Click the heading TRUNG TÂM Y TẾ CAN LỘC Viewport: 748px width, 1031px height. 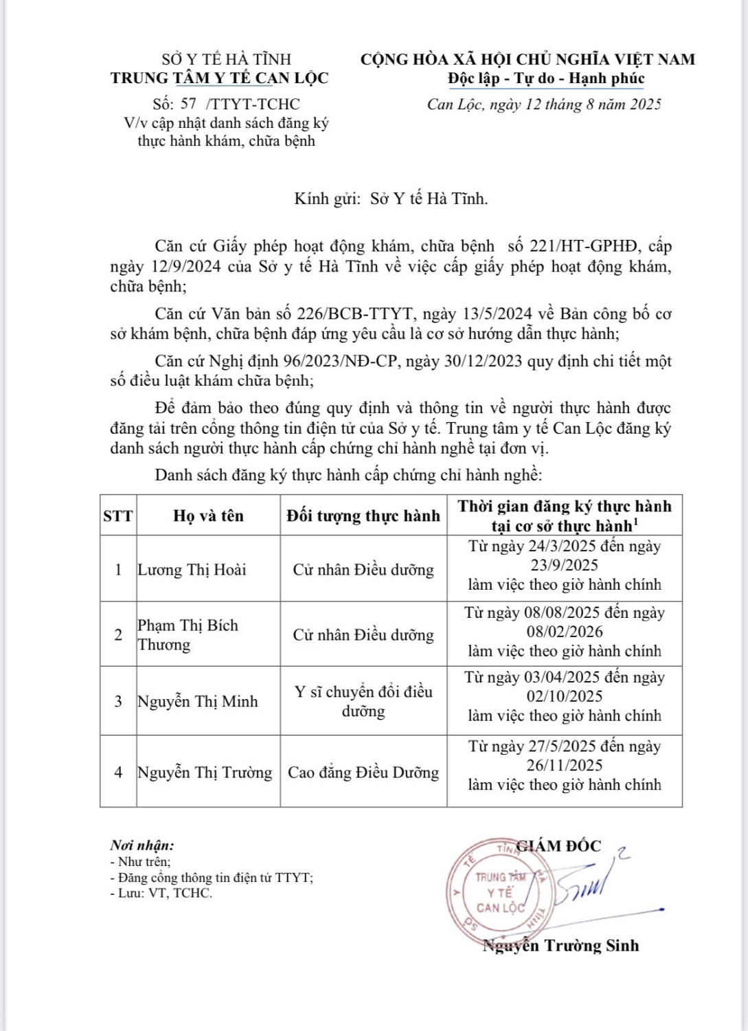220,78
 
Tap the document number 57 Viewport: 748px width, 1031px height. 188,104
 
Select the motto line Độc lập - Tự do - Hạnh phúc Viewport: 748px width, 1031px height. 546,78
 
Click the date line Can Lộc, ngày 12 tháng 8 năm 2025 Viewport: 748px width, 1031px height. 544,104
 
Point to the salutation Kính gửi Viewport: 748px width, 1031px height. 327,199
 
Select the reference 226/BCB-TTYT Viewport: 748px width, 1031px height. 355,314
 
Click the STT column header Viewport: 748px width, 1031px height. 117,516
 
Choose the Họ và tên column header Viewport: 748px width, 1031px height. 208,516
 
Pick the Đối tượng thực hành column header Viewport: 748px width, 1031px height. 363,516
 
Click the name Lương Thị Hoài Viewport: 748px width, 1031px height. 192,570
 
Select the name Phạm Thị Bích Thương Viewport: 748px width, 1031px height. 188,634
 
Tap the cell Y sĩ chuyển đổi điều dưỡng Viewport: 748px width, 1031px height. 363,701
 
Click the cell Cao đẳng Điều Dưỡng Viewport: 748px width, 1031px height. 363,773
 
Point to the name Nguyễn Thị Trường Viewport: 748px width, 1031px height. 205,773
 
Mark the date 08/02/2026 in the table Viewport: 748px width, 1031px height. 565,632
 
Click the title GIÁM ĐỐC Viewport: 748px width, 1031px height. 558,846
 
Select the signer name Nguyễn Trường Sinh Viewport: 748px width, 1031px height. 561,946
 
